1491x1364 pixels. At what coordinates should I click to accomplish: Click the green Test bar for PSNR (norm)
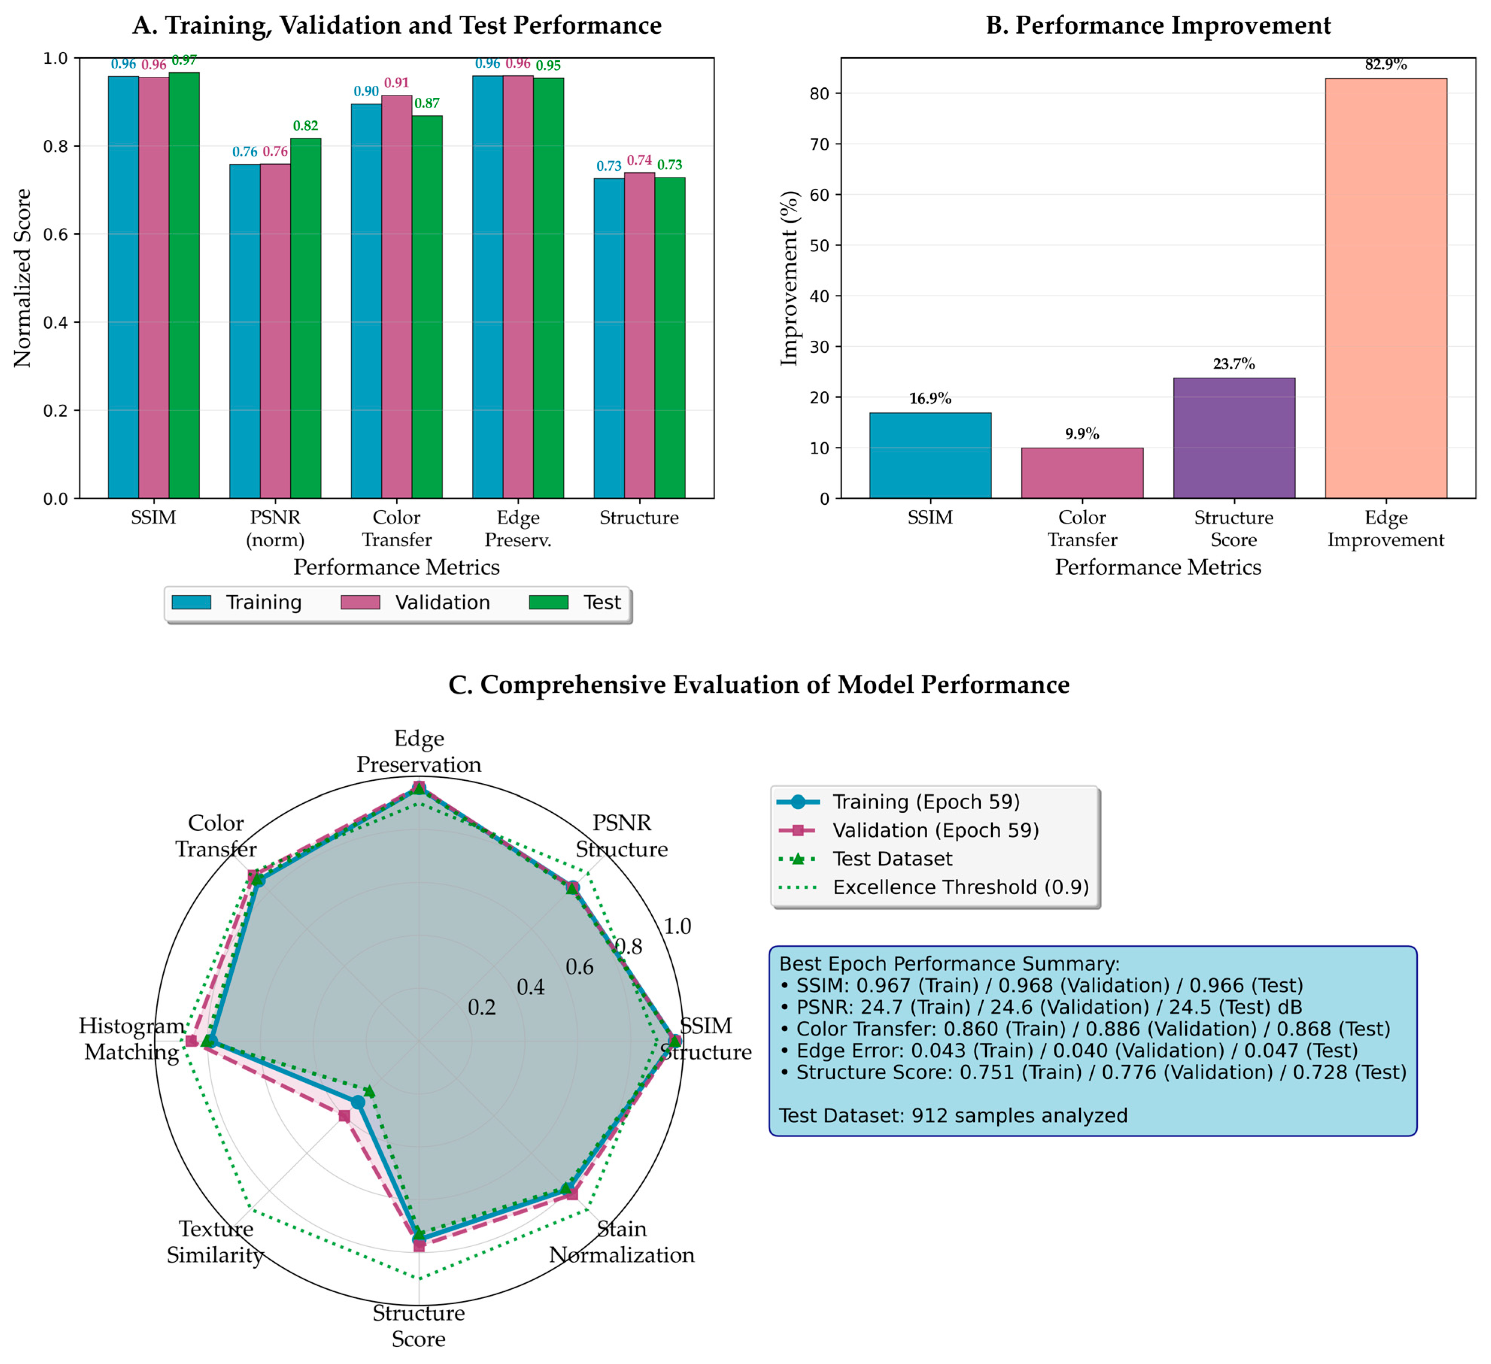point(305,318)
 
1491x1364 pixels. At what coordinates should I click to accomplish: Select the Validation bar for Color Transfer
point(396,296)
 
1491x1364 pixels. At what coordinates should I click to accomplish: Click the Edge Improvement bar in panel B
point(1385,288)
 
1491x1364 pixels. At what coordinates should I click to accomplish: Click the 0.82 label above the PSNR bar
point(305,126)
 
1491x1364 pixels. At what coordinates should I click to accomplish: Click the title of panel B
point(1158,25)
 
